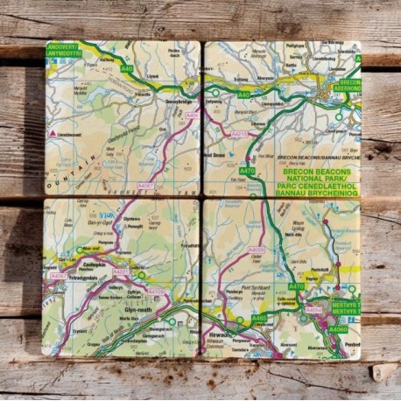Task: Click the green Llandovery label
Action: [63, 50]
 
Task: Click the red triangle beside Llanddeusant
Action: [53, 133]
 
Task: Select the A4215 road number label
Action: [240, 134]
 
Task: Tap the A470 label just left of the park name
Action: [248, 171]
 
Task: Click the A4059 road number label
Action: [256, 250]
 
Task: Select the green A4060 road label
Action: [336, 329]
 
